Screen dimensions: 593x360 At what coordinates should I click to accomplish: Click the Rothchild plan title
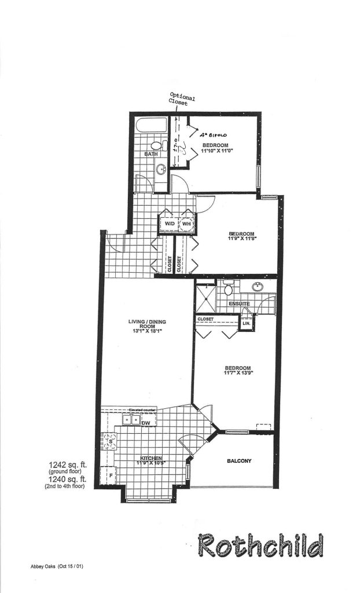(260, 546)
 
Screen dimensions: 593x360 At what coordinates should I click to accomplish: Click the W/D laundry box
(170, 224)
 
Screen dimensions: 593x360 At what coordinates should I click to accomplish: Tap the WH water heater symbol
(187, 224)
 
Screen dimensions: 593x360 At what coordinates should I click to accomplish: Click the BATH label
(151, 155)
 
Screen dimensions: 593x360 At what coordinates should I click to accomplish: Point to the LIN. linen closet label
(245, 323)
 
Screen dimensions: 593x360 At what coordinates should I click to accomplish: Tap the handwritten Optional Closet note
(182, 100)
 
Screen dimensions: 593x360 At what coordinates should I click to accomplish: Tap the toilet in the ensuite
(229, 287)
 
